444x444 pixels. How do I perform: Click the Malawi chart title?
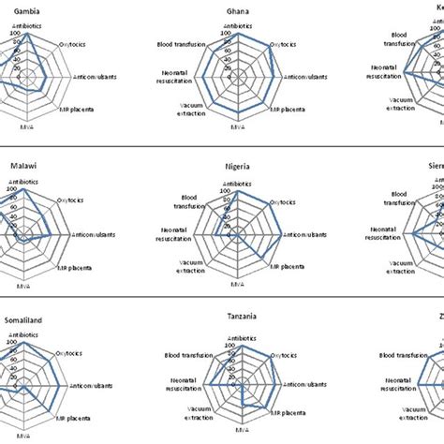point(23,165)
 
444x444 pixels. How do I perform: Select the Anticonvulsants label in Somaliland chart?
point(90,385)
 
